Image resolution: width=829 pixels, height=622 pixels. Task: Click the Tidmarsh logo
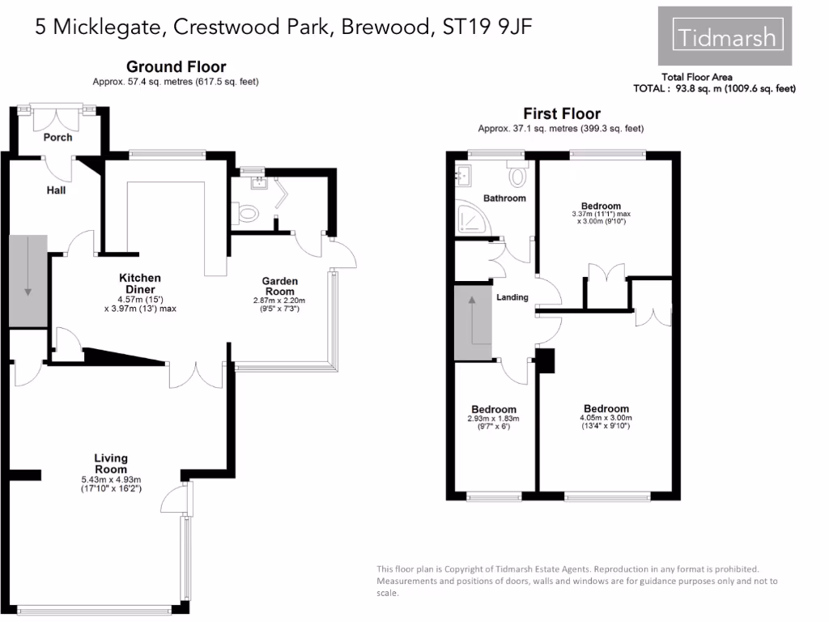pos(725,36)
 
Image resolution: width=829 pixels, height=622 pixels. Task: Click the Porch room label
pos(57,137)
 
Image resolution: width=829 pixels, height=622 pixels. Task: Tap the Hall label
pos(56,191)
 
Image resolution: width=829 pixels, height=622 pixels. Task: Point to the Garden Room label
pos(279,287)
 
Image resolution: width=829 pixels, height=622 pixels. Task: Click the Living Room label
pos(110,464)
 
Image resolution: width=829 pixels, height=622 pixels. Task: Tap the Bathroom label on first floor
pos(504,198)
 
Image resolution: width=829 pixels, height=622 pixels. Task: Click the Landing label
pos(512,297)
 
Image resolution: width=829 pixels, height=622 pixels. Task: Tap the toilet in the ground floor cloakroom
pos(249,214)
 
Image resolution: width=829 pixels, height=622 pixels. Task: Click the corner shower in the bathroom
pos(470,215)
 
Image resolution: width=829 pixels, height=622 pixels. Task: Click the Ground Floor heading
pos(176,67)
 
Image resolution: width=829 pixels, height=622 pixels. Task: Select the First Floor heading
pos(561,114)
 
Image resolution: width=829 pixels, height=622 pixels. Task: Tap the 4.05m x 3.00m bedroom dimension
pos(606,419)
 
